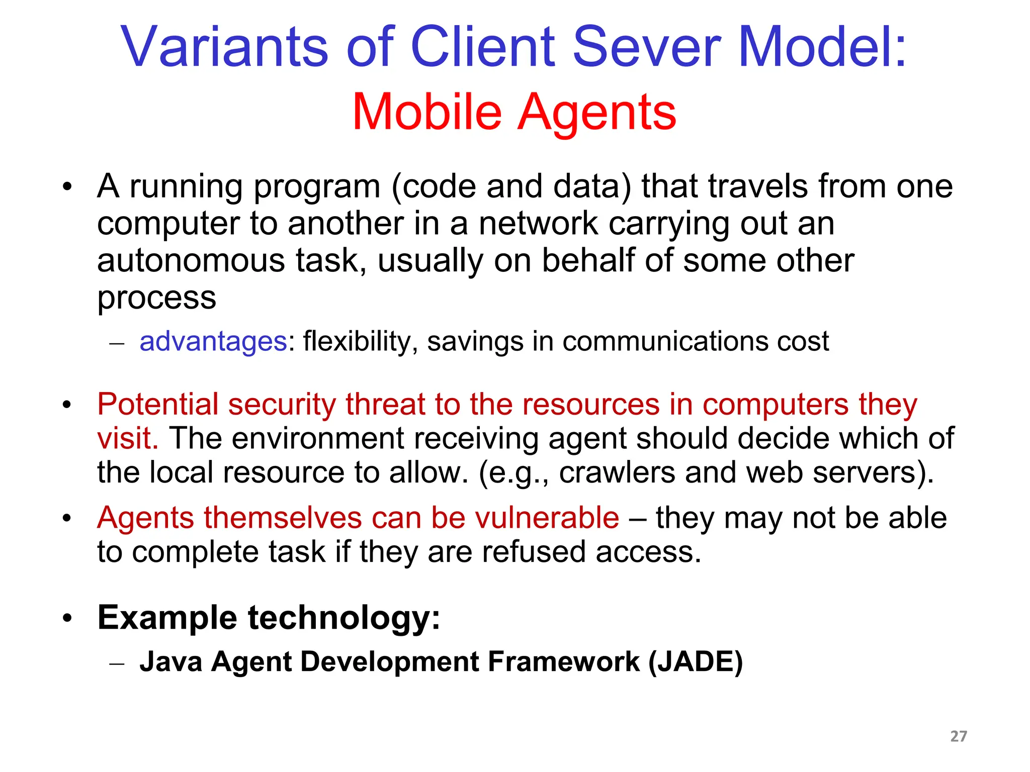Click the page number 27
click(x=958, y=736)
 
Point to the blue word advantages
click(x=213, y=342)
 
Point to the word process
click(x=156, y=299)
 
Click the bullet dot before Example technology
click(x=67, y=619)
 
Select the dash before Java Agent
click(x=116, y=663)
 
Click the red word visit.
click(x=127, y=438)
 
